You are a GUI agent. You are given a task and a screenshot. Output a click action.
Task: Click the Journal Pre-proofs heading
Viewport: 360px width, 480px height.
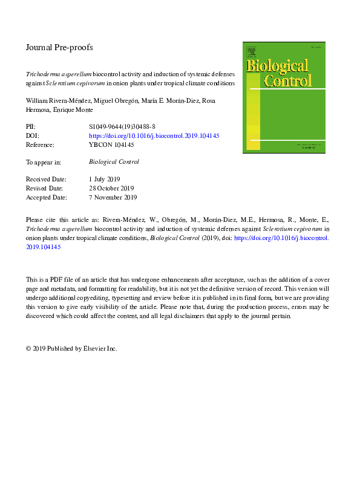[x=59, y=47]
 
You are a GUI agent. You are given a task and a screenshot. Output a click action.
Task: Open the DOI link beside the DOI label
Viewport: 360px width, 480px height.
[x=154, y=136]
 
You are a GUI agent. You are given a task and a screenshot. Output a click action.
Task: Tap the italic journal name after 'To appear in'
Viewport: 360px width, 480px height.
[x=114, y=162]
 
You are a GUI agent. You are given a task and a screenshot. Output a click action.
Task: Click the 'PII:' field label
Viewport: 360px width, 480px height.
[x=31, y=127]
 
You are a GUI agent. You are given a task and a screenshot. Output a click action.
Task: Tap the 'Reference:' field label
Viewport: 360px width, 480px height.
[x=40, y=145]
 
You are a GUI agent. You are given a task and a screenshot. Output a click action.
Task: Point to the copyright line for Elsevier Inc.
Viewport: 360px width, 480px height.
[x=71, y=348]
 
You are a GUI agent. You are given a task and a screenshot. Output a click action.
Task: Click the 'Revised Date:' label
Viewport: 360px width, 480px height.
[x=45, y=189]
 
